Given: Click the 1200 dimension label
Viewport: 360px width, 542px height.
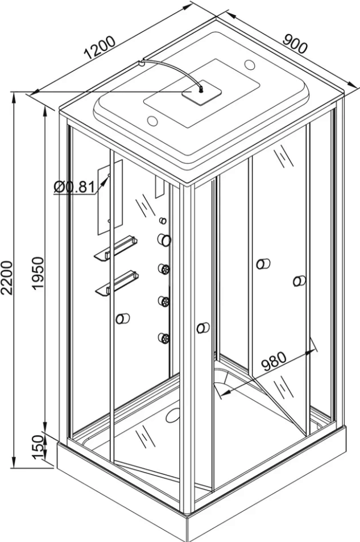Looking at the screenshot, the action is click(100, 47).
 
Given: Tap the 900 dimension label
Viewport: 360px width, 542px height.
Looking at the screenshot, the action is click(295, 43).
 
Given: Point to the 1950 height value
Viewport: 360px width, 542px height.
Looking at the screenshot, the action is click(38, 273).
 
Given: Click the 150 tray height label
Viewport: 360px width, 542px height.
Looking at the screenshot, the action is click(39, 447).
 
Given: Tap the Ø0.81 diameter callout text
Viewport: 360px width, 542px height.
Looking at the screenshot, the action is click(74, 187).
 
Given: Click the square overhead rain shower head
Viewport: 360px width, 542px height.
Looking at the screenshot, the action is click(202, 92).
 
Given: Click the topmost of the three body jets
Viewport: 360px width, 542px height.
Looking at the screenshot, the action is click(164, 268).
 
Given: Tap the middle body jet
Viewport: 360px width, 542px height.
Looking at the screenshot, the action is click(164, 301).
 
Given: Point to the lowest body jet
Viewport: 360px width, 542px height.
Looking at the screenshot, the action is click(164, 337).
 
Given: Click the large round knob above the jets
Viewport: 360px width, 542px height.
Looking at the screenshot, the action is click(164, 239).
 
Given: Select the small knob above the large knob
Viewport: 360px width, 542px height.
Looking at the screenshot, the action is click(163, 220).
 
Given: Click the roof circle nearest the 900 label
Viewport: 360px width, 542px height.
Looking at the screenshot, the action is click(250, 64).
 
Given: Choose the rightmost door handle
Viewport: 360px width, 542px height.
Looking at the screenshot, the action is click(299, 281).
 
